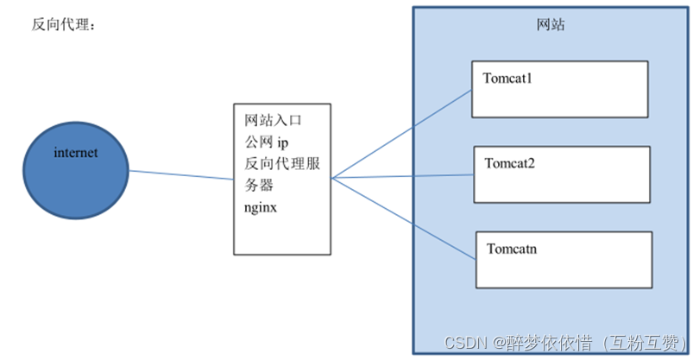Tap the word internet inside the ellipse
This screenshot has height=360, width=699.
(76, 153)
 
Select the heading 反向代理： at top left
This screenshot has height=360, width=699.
(65, 25)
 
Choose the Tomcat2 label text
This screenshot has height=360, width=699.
(510, 162)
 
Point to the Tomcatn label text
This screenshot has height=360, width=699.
(513, 249)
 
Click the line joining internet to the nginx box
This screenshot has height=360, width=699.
(181, 174)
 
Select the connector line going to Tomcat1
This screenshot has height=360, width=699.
(401, 133)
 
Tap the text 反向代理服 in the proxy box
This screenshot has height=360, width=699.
(282, 164)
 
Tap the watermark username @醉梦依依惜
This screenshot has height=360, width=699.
(544, 344)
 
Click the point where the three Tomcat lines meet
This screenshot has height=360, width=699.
(332, 179)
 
